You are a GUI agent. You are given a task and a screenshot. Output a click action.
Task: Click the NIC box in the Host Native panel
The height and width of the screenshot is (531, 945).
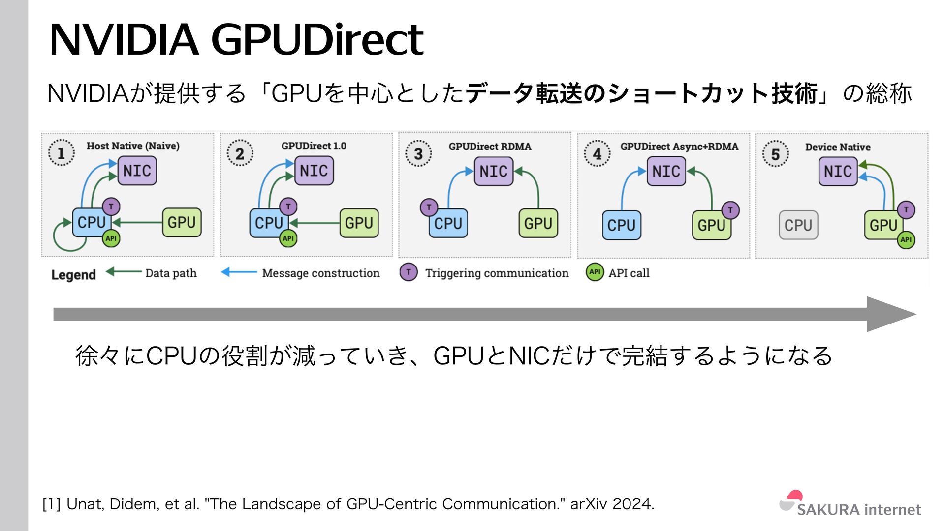(x=137, y=171)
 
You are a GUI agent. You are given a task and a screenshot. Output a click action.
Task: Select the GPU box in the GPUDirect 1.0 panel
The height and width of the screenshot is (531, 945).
(x=359, y=223)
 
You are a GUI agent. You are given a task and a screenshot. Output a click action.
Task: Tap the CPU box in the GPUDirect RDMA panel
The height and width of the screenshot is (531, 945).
(x=448, y=224)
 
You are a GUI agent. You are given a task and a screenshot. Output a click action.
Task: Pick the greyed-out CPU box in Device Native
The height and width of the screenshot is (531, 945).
(x=798, y=225)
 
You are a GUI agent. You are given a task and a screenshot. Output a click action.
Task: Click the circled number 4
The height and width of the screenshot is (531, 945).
(x=597, y=154)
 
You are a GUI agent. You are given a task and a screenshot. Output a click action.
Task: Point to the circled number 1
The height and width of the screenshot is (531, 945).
(x=61, y=153)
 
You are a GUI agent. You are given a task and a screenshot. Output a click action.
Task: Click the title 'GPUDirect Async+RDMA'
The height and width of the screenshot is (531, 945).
(x=679, y=147)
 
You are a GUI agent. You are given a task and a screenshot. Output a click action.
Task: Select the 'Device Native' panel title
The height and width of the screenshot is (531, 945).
(x=838, y=147)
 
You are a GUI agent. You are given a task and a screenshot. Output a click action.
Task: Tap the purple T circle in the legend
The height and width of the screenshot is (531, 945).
(x=409, y=272)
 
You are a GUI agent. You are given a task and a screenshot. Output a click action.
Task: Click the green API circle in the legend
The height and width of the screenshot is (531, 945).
(x=595, y=272)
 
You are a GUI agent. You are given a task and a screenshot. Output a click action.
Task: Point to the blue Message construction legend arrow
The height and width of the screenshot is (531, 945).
(x=239, y=272)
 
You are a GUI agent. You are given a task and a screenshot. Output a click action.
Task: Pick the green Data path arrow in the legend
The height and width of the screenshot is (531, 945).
(x=124, y=271)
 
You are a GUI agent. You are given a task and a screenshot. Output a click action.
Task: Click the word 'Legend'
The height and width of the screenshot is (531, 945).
(x=73, y=275)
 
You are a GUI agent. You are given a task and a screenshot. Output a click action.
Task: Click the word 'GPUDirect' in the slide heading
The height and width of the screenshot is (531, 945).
(x=317, y=40)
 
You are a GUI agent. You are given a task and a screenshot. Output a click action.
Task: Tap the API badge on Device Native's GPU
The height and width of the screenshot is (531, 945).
(x=906, y=240)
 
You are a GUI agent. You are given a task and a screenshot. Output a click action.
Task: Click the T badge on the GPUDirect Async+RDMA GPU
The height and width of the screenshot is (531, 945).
(x=730, y=210)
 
